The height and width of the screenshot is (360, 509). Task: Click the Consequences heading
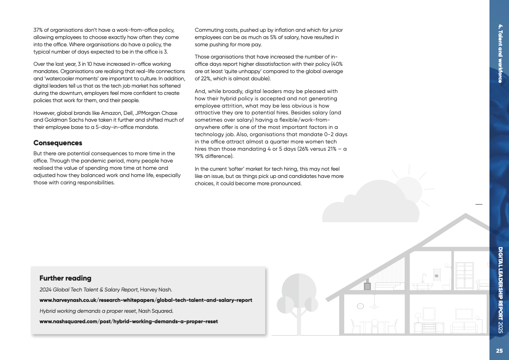click(58, 143)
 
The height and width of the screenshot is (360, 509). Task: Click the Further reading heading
click(65, 278)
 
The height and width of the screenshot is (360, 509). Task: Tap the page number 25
click(499, 350)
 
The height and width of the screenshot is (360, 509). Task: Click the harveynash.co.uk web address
click(146, 300)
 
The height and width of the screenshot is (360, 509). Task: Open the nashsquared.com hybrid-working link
click(128, 321)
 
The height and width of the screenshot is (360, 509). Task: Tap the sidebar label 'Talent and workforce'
click(500, 53)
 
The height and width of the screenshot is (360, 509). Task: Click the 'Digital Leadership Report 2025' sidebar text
click(500, 291)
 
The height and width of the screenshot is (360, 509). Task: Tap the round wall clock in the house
click(360, 306)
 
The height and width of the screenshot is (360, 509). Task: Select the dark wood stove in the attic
click(367, 286)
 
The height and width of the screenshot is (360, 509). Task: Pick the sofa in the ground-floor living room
click(464, 326)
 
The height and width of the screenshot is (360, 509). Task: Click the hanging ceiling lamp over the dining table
click(374, 307)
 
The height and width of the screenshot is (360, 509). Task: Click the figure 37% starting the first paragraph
click(39, 30)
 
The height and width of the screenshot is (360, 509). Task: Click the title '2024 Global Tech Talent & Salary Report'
click(88, 290)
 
